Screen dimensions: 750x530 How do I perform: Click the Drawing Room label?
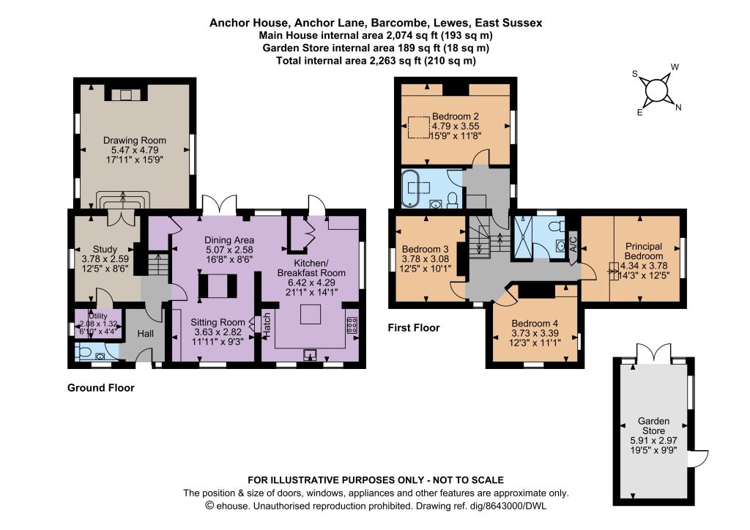pyautogui.click(x=135, y=141)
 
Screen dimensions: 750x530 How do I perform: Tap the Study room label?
pyautogui.click(x=105, y=250)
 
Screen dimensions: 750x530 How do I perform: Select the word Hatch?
pyautogui.click(x=267, y=326)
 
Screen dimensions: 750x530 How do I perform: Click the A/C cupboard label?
pyautogui.click(x=573, y=244)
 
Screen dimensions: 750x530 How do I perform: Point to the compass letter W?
pyautogui.click(x=675, y=67)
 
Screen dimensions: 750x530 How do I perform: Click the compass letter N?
pyautogui.click(x=677, y=108)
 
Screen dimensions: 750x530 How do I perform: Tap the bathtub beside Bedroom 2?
pyautogui.click(x=411, y=188)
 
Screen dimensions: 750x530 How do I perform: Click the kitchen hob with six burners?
pyautogui.click(x=352, y=325)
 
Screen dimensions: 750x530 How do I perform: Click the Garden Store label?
pyautogui.click(x=653, y=426)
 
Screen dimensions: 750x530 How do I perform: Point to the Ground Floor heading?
pyautogui.click(x=101, y=387)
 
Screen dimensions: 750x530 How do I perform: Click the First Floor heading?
pyautogui.click(x=414, y=328)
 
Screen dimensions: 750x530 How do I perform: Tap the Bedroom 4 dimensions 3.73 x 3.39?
pyautogui.click(x=535, y=333)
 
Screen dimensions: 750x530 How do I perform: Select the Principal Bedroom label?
pyautogui.click(x=644, y=251)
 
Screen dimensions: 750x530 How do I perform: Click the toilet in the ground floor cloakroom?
pyautogui.click(x=84, y=352)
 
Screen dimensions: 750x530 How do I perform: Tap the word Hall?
pyautogui.click(x=146, y=334)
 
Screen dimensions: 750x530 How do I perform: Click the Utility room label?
pyautogui.click(x=98, y=316)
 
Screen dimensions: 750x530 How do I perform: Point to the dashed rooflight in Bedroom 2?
pyautogui.click(x=418, y=127)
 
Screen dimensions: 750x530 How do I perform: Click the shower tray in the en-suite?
pyautogui.click(x=521, y=237)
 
